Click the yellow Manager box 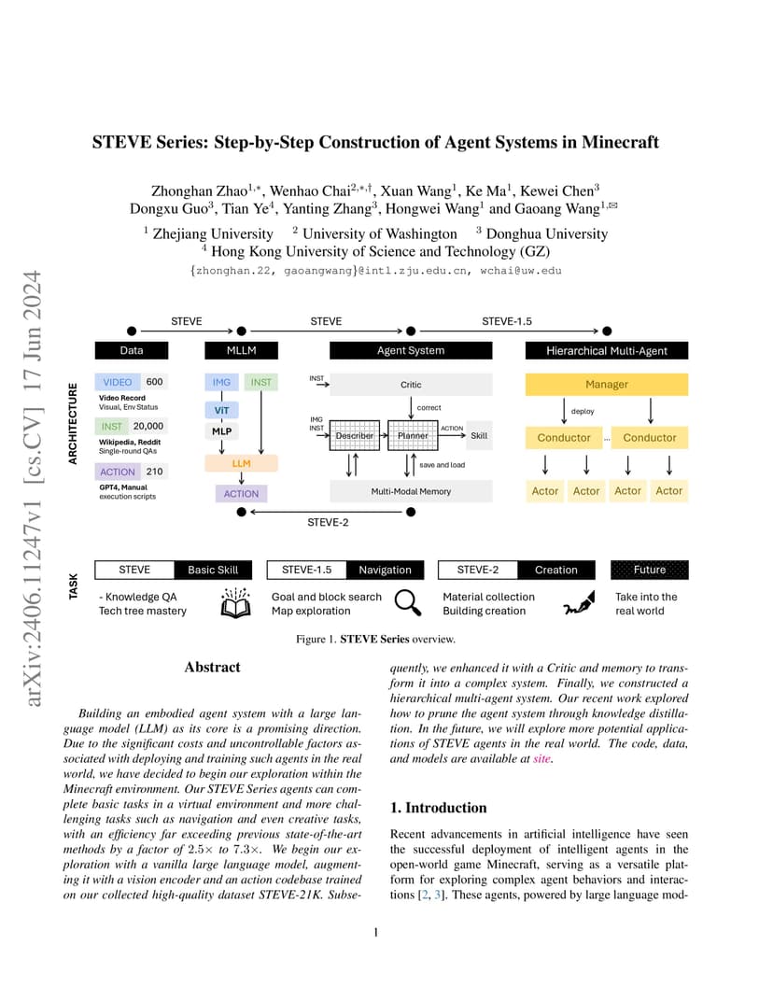point(607,385)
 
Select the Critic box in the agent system point(411,385)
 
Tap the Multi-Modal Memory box point(411,491)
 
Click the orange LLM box point(241,463)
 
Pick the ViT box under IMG point(221,410)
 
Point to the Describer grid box point(354,435)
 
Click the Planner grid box point(413,435)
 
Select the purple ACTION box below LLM point(241,493)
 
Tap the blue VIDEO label point(118,382)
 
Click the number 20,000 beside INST point(148,426)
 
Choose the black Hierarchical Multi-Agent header point(607,350)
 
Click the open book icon point(235,602)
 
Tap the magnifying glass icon point(408,602)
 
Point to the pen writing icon point(580,603)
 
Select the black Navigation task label point(385,570)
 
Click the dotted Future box point(650,570)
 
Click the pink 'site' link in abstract point(541,758)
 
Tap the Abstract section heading point(213,667)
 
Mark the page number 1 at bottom point(376,932)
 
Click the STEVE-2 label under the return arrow point(328,522)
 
